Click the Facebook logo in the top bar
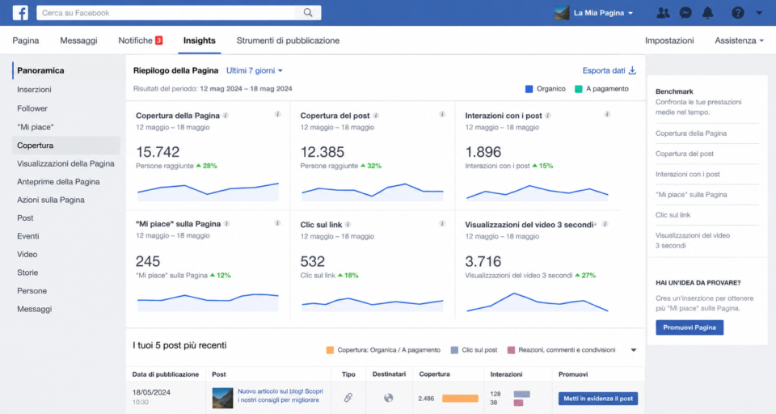point(20,12)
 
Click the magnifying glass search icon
point(308,12)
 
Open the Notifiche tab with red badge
point(140,40)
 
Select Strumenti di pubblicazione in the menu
point(288,40)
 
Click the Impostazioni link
point(669,40)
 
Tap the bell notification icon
point(708,13)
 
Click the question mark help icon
point(737,13)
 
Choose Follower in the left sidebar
point(32,108)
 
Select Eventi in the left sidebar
point(28,236)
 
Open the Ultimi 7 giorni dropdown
point(255,70)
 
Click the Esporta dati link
point(609,70)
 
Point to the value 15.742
point(158,152)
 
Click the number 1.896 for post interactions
point(483,152)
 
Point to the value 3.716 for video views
point(483,261)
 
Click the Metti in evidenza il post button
point(598,399)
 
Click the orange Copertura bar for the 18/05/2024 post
point(460,398)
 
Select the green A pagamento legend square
point(578,89)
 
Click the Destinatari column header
point(389,374)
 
